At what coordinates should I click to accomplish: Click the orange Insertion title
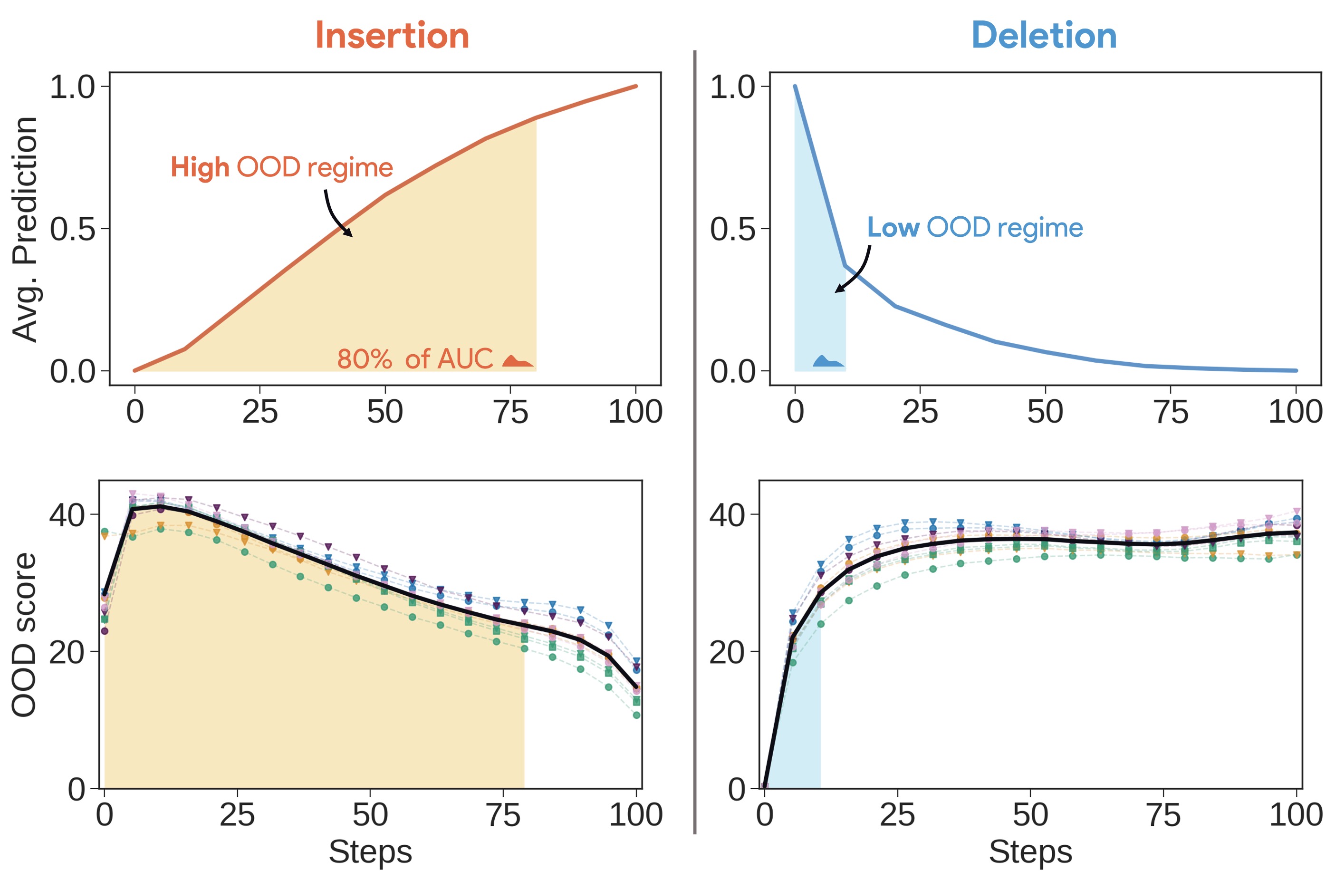392,35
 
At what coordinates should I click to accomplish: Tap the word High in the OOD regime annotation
200,167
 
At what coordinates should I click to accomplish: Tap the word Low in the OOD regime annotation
893,227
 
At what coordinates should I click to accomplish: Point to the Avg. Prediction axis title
25,229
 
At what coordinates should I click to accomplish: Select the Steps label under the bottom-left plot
370,851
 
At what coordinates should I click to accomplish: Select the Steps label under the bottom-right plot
1030,851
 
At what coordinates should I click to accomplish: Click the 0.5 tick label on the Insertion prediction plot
72,229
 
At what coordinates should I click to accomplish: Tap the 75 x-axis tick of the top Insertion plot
510,413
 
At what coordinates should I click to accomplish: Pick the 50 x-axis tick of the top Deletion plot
1045,413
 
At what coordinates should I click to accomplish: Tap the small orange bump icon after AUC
517,361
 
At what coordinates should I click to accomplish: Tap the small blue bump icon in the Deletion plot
828,362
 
